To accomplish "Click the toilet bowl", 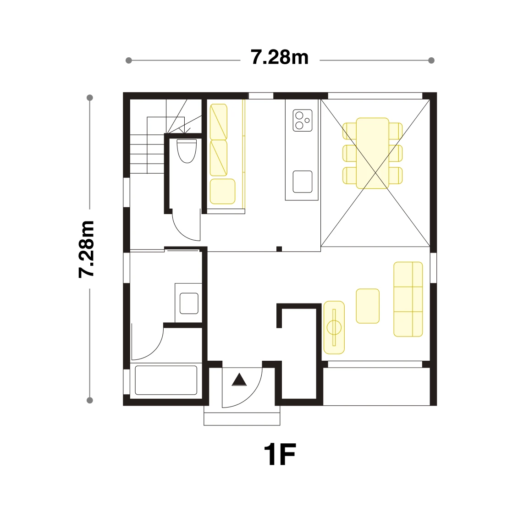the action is click(x=187, y=151).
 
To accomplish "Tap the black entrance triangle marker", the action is click(x=239, y=380).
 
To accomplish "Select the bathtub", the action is click(x=166, y=380).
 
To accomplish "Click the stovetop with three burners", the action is click(x=303, y=120).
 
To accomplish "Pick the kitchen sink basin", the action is click(x=303, y=182).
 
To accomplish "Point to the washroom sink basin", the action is click(x=189, y=303).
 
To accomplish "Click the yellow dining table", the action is click(x=373, y=153).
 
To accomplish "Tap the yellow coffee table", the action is click(x=368, y=306).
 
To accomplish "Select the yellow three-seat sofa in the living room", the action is click(x=408, y=299).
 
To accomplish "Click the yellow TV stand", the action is click(x=334, y=328).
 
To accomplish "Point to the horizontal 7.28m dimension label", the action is click(x=280, y=58).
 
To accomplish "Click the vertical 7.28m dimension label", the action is click(x=87, y=249).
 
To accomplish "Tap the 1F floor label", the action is click(x=280, y=454).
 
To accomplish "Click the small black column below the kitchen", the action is click(x=279, y=249).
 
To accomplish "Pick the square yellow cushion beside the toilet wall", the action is click(x=222, y=192).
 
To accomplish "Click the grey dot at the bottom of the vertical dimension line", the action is click(x=90, y=400).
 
